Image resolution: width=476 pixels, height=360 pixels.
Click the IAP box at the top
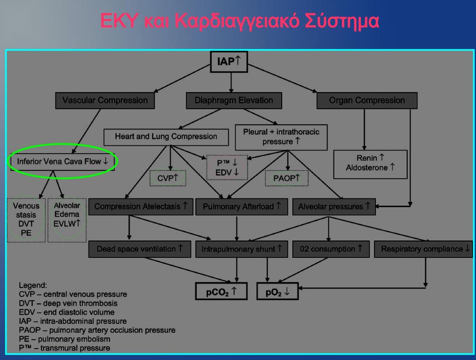pos(229,61)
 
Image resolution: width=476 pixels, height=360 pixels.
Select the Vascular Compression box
pos(105,101)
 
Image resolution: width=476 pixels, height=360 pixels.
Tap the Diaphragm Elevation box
pos(234,101)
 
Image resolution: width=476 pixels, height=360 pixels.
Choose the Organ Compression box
pos(367,101)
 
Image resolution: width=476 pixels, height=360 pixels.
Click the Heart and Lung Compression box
pos(166,137)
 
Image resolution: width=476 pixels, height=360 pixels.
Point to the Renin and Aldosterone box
pos(370,164)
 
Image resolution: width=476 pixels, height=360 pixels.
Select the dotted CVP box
pos(168,178)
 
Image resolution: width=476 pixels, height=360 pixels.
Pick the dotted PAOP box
pos(287,178)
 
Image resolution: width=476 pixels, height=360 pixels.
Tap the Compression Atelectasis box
pos(140,207)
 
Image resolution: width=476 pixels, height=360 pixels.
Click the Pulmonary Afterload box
pos(241,207)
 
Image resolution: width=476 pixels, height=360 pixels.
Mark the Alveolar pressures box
pos(334,207)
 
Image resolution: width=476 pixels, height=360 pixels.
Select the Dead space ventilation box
pos(140,249)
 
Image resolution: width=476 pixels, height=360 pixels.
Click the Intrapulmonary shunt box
pos(241,249)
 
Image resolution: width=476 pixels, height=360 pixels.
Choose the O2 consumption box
pos(331,249)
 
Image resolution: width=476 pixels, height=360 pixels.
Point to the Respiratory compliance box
pos(423,249)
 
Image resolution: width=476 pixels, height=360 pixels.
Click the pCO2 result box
pos(221,292)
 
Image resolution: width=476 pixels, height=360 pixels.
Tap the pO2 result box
pos(278,292)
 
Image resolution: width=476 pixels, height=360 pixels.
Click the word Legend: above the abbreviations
pos(33,285)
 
